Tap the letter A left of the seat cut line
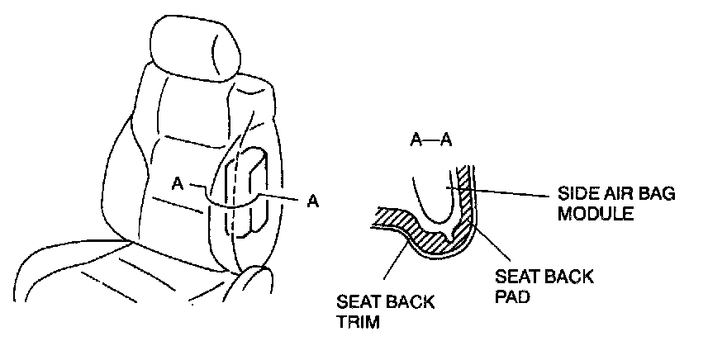click(177, 184)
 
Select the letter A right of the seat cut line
click(312, 200)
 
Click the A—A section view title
click(430, 140)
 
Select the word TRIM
click(359, 322)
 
